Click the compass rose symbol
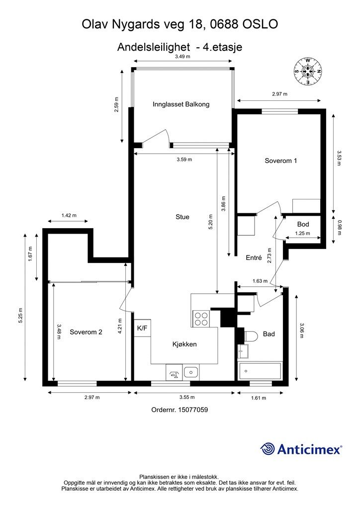(x=308, y=72)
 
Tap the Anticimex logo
(x=301, y=449)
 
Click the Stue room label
(x=182, y=217)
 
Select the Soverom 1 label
(x=281, y=161)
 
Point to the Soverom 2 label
(x=86, y=332)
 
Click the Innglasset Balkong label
(x=181, y=104)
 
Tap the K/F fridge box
(x=142, y=328)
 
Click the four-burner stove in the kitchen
(x=201, y=319)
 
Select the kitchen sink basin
(x=191, y=372)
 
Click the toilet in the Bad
(x=250, y=337)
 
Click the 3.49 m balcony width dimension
(x=183, y=57)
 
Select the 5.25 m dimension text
(x=20, y=315)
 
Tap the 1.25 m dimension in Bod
(x=302, y=234)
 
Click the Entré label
(x=254, y=258)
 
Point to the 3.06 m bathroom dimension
(x=302, y=331)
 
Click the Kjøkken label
(x=184, y=344)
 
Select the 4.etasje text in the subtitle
(x=222, y=47)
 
